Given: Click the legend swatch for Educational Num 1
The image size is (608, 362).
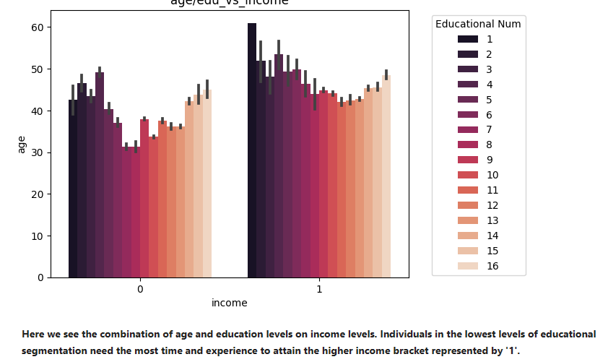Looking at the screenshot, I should click(x=468, y=39).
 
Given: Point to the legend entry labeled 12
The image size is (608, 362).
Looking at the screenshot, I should click(x=492, y=205).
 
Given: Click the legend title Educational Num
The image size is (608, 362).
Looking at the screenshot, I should click(x=478, y=24).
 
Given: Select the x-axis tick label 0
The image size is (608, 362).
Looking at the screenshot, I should click(x=140, y=289).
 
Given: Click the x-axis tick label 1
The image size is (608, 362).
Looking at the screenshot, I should click(x=319, y=289).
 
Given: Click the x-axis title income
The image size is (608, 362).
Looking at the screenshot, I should click(x=229, y=303).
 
